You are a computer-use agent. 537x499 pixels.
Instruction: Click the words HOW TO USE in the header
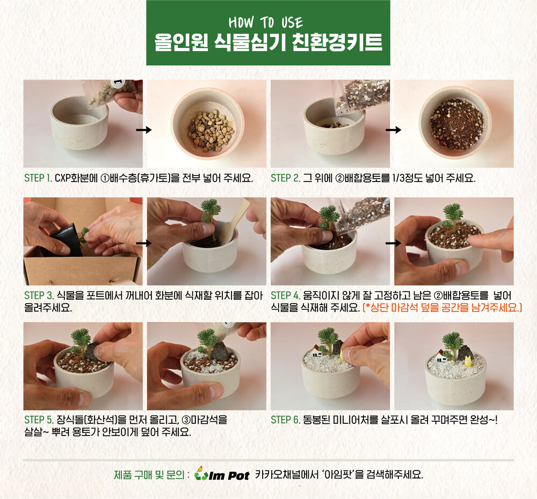tap(266, 23)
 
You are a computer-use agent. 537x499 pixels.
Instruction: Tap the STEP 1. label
tap(38, 178)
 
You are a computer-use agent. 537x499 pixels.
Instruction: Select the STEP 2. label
tap(286, 178)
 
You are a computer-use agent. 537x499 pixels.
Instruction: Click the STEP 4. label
tap(286, 295)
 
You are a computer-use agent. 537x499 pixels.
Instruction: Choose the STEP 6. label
tap(286, 420)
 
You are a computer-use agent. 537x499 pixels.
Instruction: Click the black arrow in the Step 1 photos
tap(144, 130)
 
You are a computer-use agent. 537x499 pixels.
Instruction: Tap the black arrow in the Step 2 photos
tap(393, 130)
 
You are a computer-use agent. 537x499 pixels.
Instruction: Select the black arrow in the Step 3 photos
tap(144, 243)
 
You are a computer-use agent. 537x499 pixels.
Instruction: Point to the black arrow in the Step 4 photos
tap(393, 243)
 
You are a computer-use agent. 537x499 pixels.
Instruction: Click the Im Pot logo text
tap(229, 475)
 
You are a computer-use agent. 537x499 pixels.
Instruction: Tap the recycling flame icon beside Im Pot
tap(200, 473)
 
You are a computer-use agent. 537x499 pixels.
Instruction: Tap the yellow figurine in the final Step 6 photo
tap(468, 359)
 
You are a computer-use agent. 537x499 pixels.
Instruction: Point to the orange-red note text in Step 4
tap(442, 307)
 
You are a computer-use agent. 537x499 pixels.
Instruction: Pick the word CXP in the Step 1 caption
tap(62, 178)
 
